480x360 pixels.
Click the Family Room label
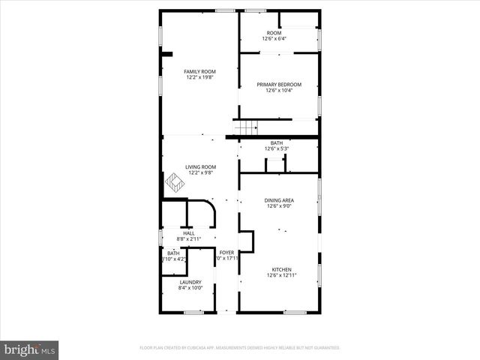pyautogui.click(x=199, y=71)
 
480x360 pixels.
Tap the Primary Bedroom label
pyautogui.click(x=279, y=85)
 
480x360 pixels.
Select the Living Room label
pyautogui.click(x=200, y=166)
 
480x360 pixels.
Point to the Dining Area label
pyautogui.click(x=279, y=200)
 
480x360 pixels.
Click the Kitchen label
pyautogui.click(x=281, y=269)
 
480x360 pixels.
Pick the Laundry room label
pyautogui.click(x=190, y=282)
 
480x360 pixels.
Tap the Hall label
pyautogui.click(x=189, y=233)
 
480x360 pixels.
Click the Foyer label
pyautogui.click(x=226, y=253)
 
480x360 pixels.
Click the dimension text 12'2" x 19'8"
pyautogui.click(x=199, y=77)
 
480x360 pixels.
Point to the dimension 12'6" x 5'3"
pyautogui.click(x=277, y=148)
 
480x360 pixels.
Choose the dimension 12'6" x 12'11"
pyautogui.click(x=281, y=275)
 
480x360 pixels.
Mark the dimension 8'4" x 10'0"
pyautogui.click(x=190, y=288)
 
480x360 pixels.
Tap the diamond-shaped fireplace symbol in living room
pyautogui.click(x=175, y=181)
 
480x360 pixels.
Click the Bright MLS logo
pyautogui.click(x=30, y=349)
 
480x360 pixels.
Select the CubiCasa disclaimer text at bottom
pyautogui.click(x=240, y=348)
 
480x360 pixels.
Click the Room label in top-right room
pyautogui.click(x=274, y=33)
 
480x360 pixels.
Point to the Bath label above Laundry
pyautogui.click(x=173, y=253)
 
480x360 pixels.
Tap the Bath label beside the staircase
pyautogui.click(x=277, y=142)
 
